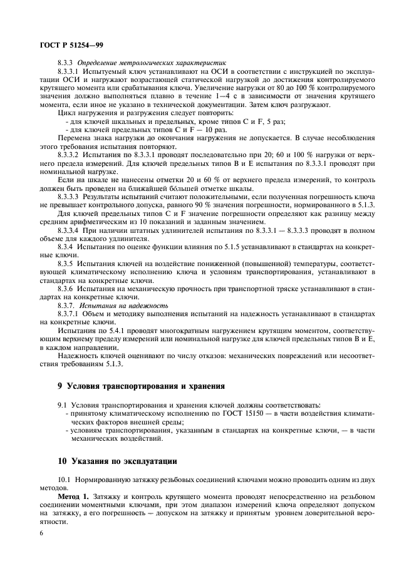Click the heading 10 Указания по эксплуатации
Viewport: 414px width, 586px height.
click(117, 461)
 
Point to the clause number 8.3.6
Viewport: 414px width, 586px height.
click(66, 297)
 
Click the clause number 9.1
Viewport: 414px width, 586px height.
click(63, 406)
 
